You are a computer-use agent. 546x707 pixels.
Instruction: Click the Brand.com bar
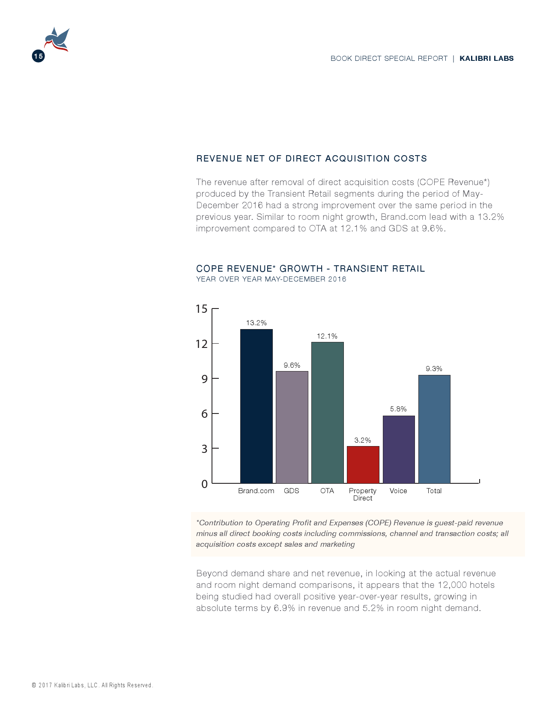256,406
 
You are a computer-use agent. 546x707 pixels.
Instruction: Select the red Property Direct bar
363,464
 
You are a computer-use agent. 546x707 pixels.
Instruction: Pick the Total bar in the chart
434,429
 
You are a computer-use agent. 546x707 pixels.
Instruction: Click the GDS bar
292,427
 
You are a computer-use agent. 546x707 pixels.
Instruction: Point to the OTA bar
327,412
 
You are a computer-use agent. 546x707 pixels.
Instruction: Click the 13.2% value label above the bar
256,323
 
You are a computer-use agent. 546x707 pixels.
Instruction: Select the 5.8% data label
398,409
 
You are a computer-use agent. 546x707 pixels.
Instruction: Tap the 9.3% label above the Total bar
434,368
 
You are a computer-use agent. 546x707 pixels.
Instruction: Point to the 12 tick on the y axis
201,344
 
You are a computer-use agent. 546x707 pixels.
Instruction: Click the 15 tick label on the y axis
201,309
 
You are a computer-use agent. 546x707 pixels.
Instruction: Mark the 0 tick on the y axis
204,484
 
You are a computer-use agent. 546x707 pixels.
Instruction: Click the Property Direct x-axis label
363,494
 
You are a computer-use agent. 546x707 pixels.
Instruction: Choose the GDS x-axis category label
292,491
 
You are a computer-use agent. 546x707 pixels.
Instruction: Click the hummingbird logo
57,39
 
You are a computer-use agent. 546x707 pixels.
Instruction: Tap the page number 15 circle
38,56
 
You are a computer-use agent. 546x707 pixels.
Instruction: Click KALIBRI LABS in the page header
486,58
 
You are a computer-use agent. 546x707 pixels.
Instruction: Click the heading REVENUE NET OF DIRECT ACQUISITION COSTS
311,159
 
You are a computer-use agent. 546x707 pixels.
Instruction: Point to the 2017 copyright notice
92,685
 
